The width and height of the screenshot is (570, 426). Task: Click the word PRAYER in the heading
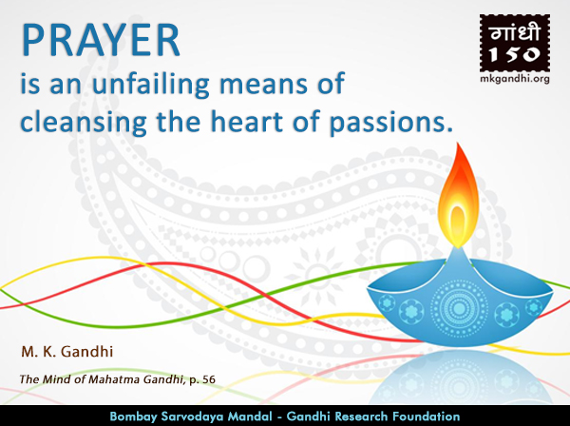pyautogui.click(x=101, y=40)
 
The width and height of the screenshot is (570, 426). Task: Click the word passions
pyautogui.click(x=390, y=124)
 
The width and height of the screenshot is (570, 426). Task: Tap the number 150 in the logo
pyautogui.click(x=514, y=54)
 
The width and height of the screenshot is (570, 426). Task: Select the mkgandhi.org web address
pyautogui.click(x=515, y=79)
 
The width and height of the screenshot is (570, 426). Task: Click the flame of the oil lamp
pyautogui.click(x=458, y=196)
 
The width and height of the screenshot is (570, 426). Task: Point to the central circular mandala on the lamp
pyautogui.click(x=459, y=309)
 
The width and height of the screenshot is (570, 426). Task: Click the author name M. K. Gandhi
pyautogui.click(x=67, y=352)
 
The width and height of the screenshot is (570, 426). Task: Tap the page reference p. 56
pyautogui.click(x=202, y=380)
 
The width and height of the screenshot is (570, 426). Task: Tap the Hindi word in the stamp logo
pyautogui.click(x=514, y=32)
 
